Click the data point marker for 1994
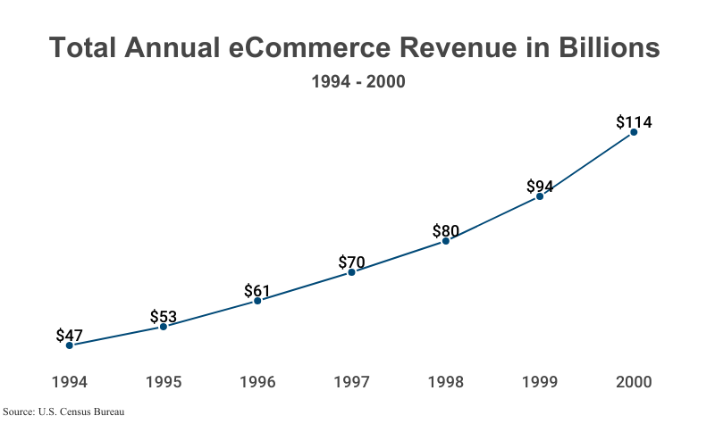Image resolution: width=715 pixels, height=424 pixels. click(69, 345)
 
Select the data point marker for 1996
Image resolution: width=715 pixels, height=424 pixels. click(257, 301)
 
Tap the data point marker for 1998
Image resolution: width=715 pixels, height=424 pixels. click(446, 241)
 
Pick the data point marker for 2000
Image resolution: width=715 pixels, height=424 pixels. click(634, 132)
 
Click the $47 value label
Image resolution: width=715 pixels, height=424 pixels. click(69, 336)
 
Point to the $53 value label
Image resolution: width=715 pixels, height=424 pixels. click(164, 316)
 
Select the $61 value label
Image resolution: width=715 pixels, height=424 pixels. click(257, 290)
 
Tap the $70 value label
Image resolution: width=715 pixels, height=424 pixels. click(351, 262)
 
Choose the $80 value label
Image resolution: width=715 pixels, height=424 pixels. click(446, 230)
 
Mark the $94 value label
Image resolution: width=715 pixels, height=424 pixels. click(540, 186)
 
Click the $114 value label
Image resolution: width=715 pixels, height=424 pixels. click(634, 122)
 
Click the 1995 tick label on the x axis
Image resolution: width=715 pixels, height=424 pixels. click(164, 382)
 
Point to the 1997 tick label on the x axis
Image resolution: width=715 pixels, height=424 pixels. click(351, 382)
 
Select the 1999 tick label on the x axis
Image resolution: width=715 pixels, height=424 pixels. click(540, 382)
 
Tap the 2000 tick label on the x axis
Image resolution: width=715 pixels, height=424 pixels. click(634, 382)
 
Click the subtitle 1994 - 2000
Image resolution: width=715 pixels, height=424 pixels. click(357, 82)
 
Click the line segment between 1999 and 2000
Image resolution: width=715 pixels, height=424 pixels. click(587, 164)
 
